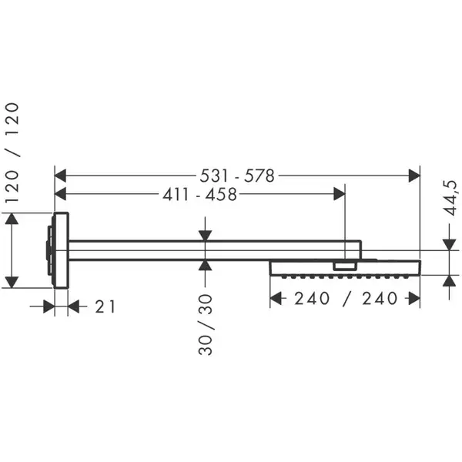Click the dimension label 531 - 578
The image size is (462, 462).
click(x=237, y=176)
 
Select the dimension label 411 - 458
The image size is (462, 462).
click(x=199, y=195)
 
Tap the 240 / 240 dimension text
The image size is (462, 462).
click(x=346, y=299)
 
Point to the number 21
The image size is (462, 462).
click(x=105, y=306)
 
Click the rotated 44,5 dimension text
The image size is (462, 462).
click(x=450, y=198)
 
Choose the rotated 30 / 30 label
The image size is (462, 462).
click(x=206, y=325)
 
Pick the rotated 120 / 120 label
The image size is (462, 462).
click(x=12, y=152)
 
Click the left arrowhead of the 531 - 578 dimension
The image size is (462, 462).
click(x=60, y=176)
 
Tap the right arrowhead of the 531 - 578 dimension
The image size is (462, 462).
click(x=414, y=176)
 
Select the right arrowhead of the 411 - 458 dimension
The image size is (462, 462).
click(x=340, y=194)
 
